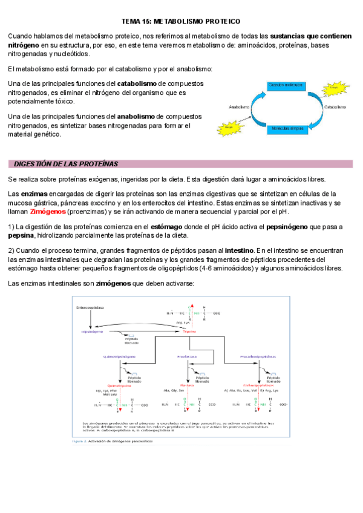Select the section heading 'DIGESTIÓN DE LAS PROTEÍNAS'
tap(66, 164)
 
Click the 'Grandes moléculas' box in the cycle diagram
tap(285, 85)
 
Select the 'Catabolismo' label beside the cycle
tap(335, 107)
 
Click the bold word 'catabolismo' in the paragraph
tap(138, 83)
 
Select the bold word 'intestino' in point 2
tap(240, 250)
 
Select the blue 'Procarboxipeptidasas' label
tap(259, 356)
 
